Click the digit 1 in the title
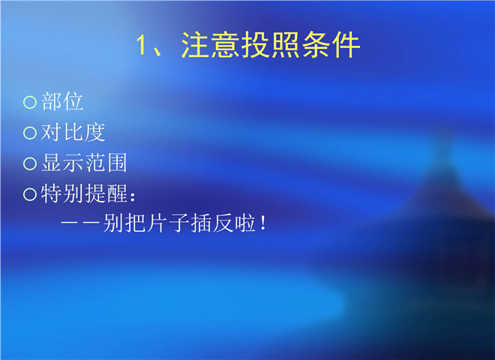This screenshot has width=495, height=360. pos(142,45)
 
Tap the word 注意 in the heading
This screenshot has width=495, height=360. pos(211,45)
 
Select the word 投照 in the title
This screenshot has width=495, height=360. pos(271,45)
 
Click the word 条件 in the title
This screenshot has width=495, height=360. pos(331,45)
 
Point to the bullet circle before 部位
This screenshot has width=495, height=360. pos(30,102)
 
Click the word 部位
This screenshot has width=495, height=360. pos(62,101)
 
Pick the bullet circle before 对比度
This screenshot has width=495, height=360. pos(30,133)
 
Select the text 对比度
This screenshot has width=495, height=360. pos(73,132)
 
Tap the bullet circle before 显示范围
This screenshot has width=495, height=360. pos(30,163)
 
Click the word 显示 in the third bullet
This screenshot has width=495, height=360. pos(62,163)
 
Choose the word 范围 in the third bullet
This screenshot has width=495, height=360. pos(106,163)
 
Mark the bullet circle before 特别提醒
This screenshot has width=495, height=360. pos(30,194)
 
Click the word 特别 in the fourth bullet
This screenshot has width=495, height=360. pos(62,193)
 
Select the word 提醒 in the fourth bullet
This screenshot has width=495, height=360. pos(106,193)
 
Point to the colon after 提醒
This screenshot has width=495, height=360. pos(133,196)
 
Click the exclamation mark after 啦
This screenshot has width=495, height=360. pos(263,223)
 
